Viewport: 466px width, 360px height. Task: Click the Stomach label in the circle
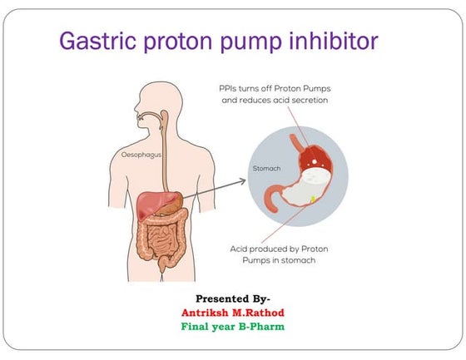click(267, 168)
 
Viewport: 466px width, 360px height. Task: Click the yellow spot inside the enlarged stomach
click(312, 198)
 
